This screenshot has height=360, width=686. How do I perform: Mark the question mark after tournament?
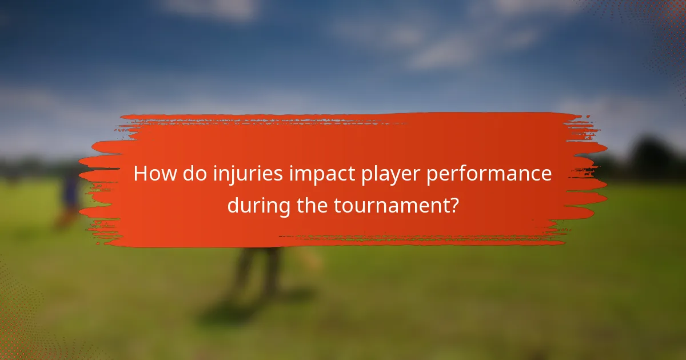pyautogui.click(x=453, y=205)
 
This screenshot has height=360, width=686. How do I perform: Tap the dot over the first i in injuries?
pyautogui.click(x=215, y=166)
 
